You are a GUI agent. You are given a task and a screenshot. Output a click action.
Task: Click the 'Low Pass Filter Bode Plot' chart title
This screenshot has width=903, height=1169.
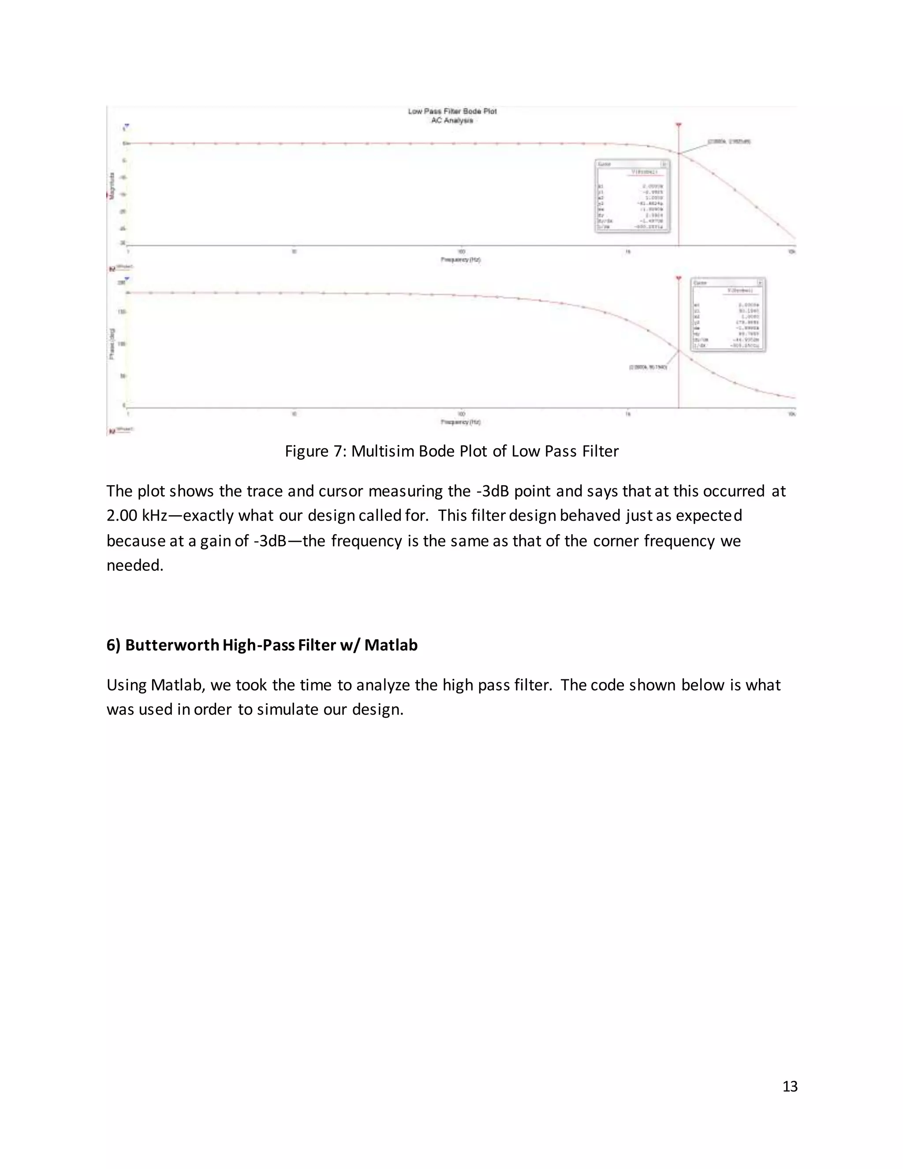[x=452, y=111]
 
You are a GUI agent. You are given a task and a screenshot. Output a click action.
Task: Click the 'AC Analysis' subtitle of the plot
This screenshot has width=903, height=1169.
[x=452, y=120]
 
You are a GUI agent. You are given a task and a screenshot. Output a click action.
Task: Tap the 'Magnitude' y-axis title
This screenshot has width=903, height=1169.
[x=112, y=186]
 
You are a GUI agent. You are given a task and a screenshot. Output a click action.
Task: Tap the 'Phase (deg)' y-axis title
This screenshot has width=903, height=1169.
[x=112, y=344]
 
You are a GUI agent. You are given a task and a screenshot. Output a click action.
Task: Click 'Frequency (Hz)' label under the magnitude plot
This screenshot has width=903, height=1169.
[x=461, y=259]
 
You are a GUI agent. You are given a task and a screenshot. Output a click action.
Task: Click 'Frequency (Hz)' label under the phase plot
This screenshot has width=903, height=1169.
[x=461, y=422]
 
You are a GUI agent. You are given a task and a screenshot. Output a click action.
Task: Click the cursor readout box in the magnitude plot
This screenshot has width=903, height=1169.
[x=632, y=196]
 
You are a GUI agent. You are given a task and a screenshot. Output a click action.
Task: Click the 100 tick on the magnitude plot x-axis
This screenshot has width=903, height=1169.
[x=461, y=251]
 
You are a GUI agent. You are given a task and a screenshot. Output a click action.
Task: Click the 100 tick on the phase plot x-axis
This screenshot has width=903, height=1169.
[x=461, y=414]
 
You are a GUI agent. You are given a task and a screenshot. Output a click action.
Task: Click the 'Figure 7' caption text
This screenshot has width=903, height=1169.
[x=451, y=451]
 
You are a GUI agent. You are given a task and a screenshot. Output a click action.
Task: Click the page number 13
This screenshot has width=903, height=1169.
[x=790, y=1086]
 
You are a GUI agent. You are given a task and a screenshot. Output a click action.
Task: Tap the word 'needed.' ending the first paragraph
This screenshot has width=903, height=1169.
[x=134, y=565]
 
